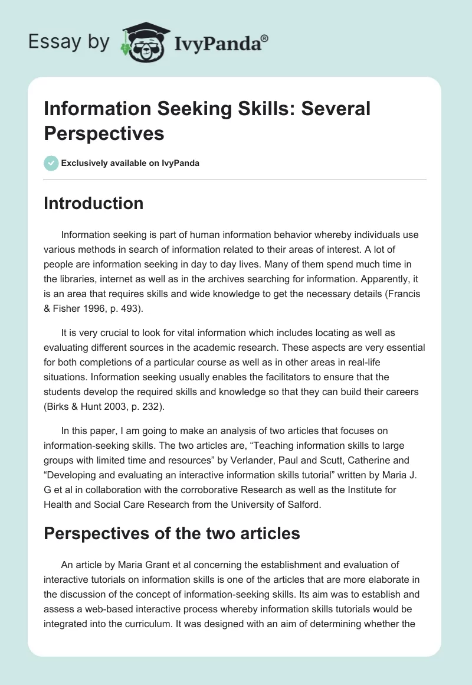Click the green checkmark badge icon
tap(51, 163)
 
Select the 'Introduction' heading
tap(94, 203)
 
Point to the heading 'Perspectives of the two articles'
tap(172, 534)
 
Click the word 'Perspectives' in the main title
tap(104, 133)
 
